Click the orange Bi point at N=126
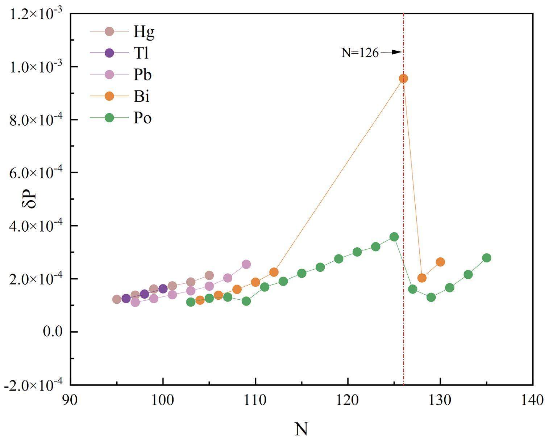403,79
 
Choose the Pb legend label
142,75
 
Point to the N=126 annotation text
360,53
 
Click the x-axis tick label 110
255,401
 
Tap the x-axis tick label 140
532,401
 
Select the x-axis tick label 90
71,401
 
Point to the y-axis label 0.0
53,332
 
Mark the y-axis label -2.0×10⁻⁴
33,385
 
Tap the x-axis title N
301,429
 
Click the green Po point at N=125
394,237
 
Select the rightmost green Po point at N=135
486,258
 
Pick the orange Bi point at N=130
440,262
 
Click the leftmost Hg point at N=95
117,299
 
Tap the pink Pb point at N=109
246,264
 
